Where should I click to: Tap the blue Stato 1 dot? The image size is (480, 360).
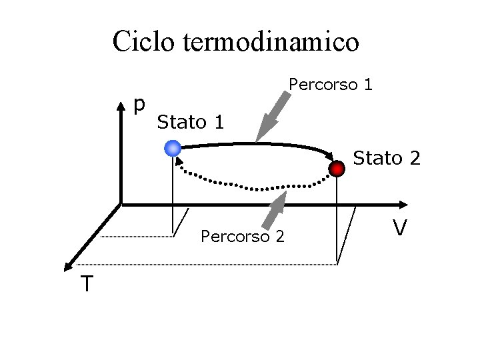tap(173, 148)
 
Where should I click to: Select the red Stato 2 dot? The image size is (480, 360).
tap(339, 168)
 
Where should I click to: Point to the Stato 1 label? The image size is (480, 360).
tap(190, 123)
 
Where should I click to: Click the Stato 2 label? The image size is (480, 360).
tap(387, 159)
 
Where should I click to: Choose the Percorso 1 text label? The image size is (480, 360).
tap(330, 85)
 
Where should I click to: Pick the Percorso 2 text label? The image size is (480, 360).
tap(242, 236)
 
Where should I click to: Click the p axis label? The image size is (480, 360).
tap(139, 104)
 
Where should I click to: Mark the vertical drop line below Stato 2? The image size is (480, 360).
tap(337, 220)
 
